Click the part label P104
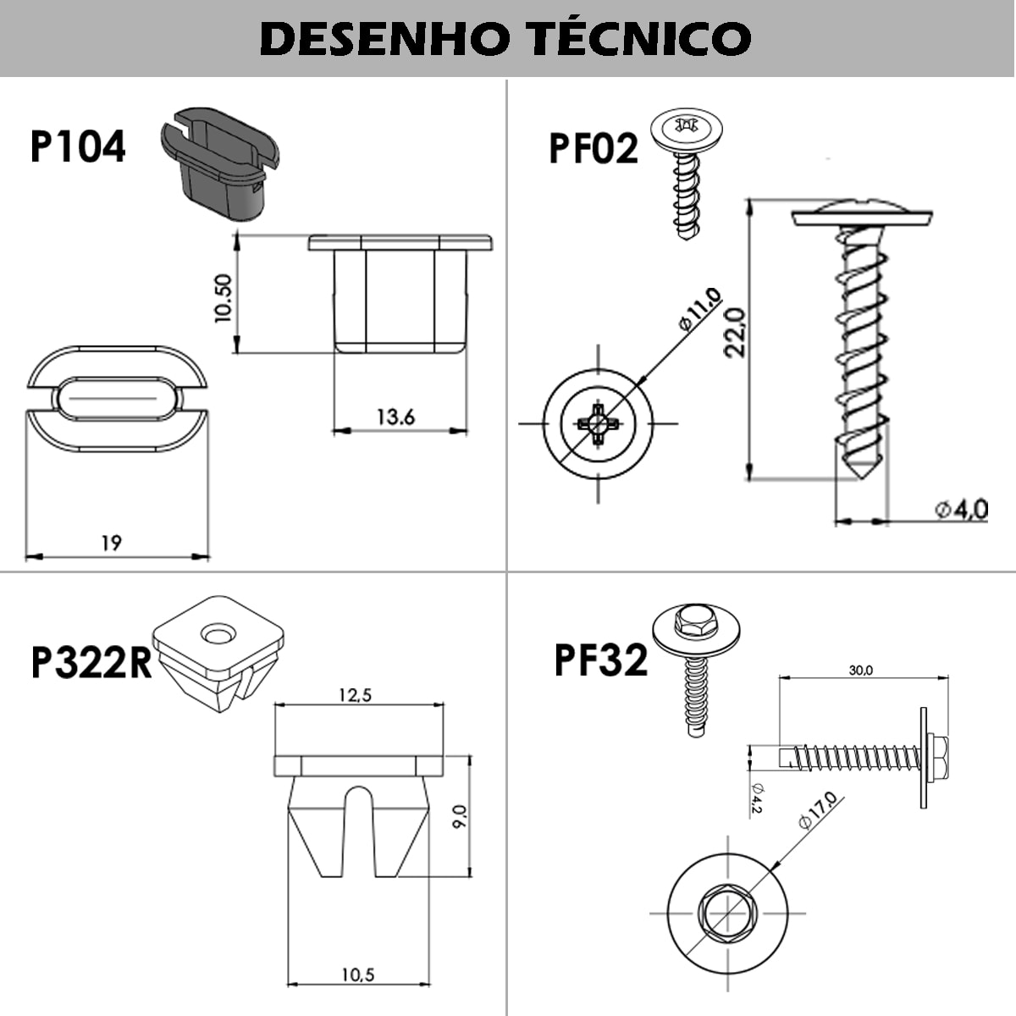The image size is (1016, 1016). tap(77, 146)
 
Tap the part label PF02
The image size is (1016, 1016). tap(593, 149)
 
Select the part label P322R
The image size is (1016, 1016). tap(91, 663)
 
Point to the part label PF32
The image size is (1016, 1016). tap(600, 660)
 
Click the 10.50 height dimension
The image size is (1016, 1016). tap(223, 298)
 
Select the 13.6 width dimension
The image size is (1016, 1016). tap(395, 417)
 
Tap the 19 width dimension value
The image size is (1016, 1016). tap(111, 543)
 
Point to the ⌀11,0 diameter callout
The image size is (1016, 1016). tap(699, 309)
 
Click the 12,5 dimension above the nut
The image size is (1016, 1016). tap(355, 695)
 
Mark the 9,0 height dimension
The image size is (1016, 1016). tap(459, 817)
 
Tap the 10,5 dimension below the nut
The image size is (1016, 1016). tap(357, 975)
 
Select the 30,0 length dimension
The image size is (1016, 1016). tap(861, 671)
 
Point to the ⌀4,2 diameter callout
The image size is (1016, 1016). tap(756, 797)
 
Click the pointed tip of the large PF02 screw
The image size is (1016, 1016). tap(861, 473)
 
